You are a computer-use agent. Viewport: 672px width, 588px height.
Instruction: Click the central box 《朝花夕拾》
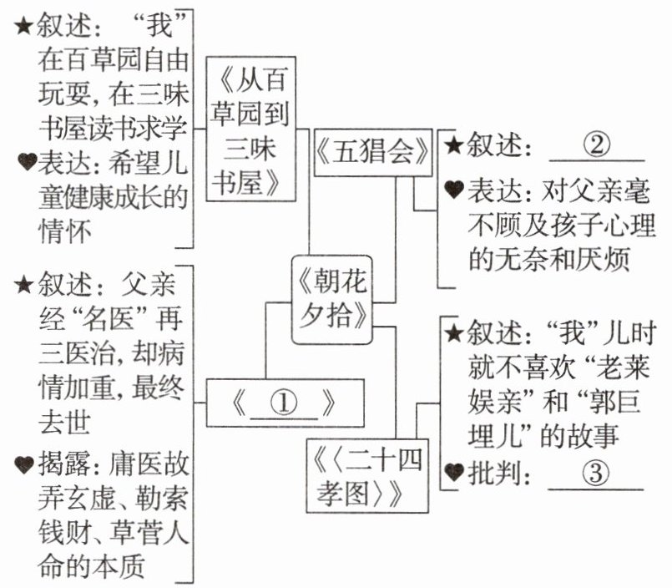click(331, 300)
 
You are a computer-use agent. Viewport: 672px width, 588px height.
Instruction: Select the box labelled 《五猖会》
click(373, 152)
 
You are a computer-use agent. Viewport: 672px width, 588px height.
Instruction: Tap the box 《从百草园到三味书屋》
click(250, 129)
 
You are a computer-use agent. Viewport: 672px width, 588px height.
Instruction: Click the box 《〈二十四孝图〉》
click(367, 475)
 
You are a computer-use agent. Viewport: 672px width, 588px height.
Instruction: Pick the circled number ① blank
click(283, 404)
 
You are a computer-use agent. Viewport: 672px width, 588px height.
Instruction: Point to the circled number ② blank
click(597, 146)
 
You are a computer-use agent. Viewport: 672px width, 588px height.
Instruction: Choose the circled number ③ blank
click(596, 474)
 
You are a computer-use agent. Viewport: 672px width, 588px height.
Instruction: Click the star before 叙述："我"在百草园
click(23, 27)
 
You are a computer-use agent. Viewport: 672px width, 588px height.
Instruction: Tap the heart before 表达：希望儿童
click(27, 162)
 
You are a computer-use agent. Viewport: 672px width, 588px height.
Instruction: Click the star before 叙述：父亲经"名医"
click(23, 285)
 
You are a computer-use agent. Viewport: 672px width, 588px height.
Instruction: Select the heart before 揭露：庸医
click(24, 465)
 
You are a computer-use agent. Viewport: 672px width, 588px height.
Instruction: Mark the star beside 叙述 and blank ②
click(454, 146)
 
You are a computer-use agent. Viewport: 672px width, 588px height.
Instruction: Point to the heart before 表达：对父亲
click(454, 189)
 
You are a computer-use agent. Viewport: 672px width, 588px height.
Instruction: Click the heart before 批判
click(454, 472)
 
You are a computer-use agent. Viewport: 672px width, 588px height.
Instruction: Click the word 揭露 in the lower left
click(64, 464)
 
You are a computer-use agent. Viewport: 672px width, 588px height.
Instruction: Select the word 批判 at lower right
click(493, 474)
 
